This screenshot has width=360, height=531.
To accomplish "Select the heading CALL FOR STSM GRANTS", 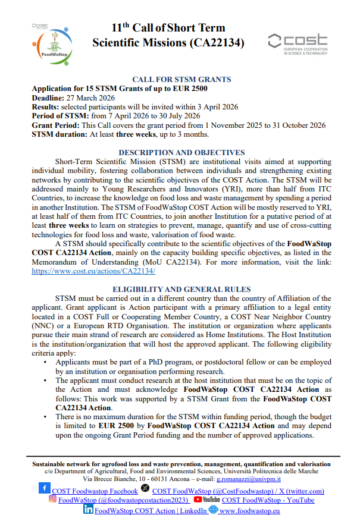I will [x=182, y=79].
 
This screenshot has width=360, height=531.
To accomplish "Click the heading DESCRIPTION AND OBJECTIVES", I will [x=181, y=153].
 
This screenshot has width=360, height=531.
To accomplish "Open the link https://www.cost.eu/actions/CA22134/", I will [x=93, y=270].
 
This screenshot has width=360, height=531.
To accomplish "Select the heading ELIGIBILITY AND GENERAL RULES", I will [x=181, y=289].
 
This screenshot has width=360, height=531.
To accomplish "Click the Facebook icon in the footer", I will [x=45, y=489].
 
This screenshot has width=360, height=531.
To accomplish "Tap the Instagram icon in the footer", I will [x=52, y=499].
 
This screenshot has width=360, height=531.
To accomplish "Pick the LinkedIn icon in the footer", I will [x=88, y=510].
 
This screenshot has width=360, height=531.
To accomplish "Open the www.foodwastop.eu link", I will [x=250, y=510].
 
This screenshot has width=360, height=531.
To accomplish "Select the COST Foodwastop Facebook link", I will [x=95, y=491].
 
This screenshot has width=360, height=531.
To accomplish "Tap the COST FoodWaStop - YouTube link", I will [x=268, y=500].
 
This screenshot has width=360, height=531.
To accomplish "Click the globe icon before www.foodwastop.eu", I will [x=212, y=510].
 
